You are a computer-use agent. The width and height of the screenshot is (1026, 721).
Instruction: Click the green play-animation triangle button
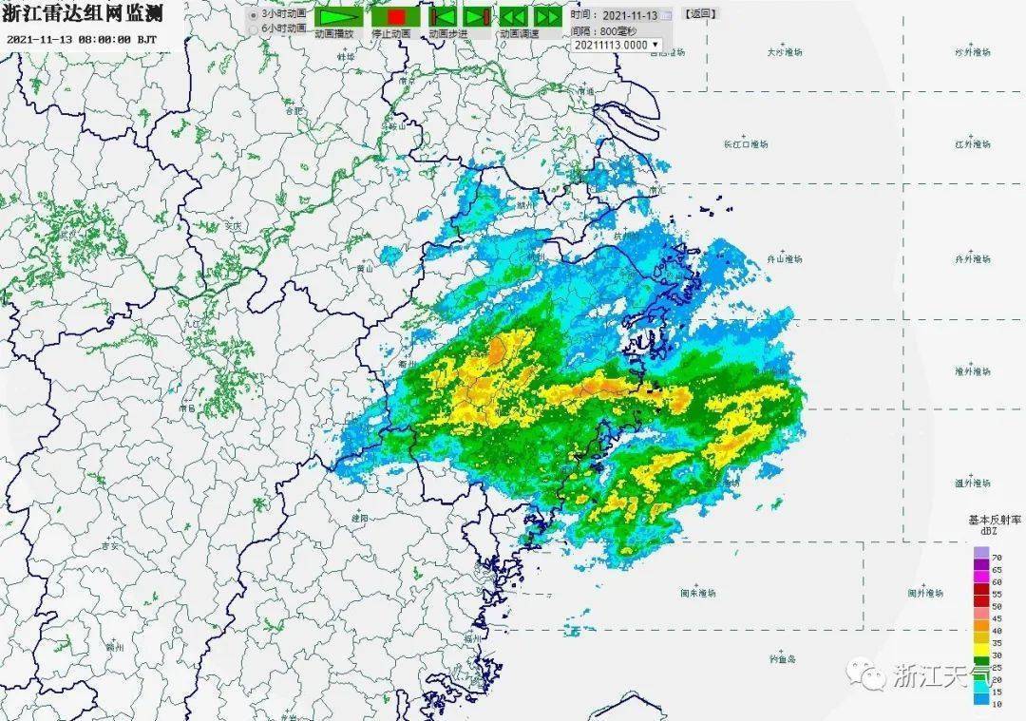[339, 17]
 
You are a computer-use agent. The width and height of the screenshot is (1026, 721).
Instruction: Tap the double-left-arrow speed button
[513, 17]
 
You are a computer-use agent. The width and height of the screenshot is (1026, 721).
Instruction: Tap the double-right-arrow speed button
[546, 17]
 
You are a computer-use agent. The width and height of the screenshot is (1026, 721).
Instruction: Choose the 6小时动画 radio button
[253, 29]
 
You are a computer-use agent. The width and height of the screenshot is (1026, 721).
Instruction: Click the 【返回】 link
[700, 14]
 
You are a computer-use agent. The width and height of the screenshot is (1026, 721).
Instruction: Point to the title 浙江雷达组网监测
[82, 13]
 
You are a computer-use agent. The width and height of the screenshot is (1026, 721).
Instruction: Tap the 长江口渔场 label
[745, 144]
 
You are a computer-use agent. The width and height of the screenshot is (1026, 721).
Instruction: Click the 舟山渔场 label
[785, 258]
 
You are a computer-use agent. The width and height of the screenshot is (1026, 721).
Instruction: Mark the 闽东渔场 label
[697, 592]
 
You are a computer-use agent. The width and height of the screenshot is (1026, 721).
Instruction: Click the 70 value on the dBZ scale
[997, 556]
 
